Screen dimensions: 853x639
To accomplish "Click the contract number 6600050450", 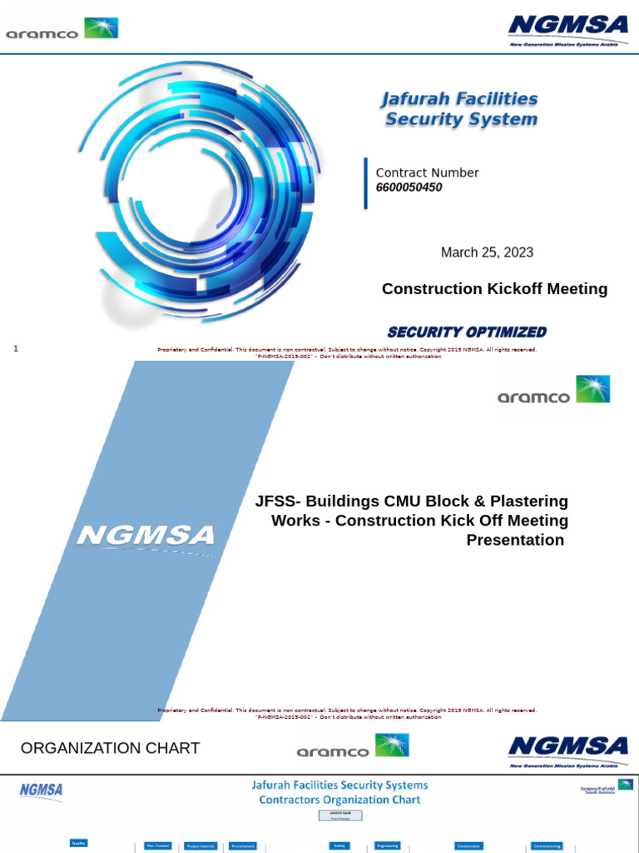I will pyautogui.click(x=409, y=187).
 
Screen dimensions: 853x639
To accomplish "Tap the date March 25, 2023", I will pyautogui.click(x=487, y=252).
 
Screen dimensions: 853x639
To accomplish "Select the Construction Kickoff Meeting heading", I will pyautogui.click(x=494, y=289).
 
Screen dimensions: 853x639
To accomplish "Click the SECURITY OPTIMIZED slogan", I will pyautogui.click(x=467, y=332).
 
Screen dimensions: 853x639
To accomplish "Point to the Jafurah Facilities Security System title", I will pyautogui.click(x=460, y=109).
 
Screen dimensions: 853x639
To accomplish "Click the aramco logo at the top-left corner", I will pyautogui.click(x=62, y=29).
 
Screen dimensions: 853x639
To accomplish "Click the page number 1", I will pyautogui.click(x=16, y=348).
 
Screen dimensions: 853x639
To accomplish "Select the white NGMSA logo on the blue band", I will pyautogui.click(x=146, y=535).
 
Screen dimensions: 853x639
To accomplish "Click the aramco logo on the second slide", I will pyautogui.click(x=553, y=390).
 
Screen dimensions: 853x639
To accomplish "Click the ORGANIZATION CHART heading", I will pyautogui.click(x=110, y=748).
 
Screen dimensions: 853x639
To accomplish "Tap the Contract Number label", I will pyautogui.click(x=427, y=172).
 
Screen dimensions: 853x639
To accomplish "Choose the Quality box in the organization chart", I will pyautogui.click(x=79, y=843).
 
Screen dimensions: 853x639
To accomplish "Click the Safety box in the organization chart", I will pyautogui.click(x=339, y=846).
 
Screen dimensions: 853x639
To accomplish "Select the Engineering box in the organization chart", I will pyautogui.click(x=387, y=846).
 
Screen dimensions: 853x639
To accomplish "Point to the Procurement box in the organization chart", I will pyautogui.click(x=243, y=846).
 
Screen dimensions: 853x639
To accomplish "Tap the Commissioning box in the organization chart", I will pyautogui.click(x=547, y=846).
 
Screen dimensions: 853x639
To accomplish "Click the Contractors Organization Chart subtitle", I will pyautogui.click(x=339, y=800).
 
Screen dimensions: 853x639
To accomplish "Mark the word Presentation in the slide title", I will pyautogui.click(x=515, y=540).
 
